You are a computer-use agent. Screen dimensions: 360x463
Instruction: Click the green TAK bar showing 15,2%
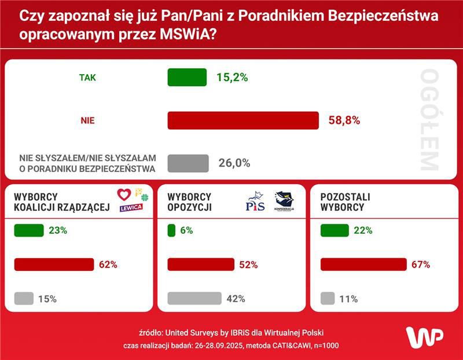187,77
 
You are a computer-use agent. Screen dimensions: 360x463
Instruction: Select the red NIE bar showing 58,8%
243,120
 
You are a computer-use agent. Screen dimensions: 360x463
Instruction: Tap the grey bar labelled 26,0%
188,163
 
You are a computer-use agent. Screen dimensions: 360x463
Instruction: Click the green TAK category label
87,77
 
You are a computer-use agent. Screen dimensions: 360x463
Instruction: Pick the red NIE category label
87,120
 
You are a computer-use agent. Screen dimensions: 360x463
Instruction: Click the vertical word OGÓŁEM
429,120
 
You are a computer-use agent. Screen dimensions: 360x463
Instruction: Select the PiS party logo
255,203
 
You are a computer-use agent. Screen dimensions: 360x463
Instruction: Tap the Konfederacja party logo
284,201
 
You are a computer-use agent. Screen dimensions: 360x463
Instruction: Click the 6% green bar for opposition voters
171,230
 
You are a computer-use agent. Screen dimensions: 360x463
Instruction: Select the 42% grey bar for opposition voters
194,299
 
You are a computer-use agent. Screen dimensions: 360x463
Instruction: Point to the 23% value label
58,230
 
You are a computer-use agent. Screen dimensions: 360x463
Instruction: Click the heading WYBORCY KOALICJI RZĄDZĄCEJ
61,203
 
